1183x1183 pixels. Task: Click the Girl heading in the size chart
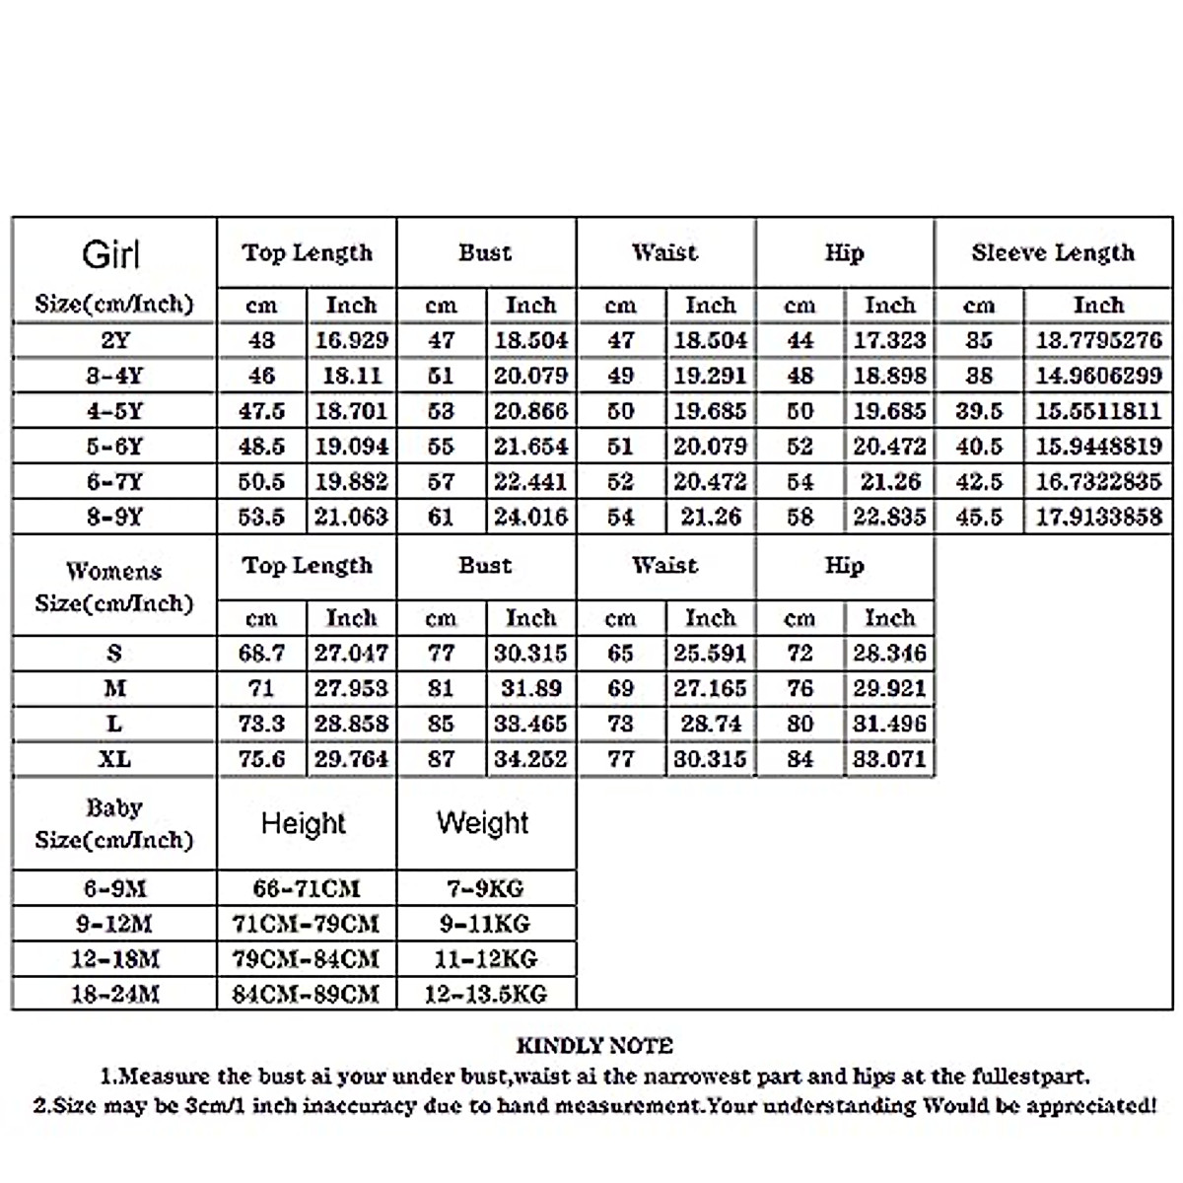pos(110,255)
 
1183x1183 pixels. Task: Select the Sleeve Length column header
pos(1053,253)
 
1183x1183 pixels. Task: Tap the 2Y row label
pos(114,340)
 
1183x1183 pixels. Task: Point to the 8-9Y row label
pos(114,517)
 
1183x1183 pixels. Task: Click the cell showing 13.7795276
pos(1098,340)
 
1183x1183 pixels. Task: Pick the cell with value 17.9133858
pos(1098,517)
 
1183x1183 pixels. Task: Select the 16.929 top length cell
pos(352,340)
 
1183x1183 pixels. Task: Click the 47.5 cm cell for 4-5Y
pos(261,411)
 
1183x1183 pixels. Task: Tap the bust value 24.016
pos(531,517)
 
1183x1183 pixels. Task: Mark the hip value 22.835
pos(889,517)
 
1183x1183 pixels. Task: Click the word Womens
pos(114,572)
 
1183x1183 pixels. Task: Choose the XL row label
pos(114,759)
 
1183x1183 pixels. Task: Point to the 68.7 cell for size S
pos(261,653)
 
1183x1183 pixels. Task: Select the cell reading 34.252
pos(531,759)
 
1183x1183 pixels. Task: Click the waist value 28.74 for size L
pos(711,724)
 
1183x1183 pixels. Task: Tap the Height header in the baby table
pos(304,823)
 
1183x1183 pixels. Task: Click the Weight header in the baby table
pos(483,823)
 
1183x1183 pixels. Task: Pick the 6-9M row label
pos(114,889)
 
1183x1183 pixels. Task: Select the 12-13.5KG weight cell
pos(485,995)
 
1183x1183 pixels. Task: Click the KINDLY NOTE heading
pos(594,1046)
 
